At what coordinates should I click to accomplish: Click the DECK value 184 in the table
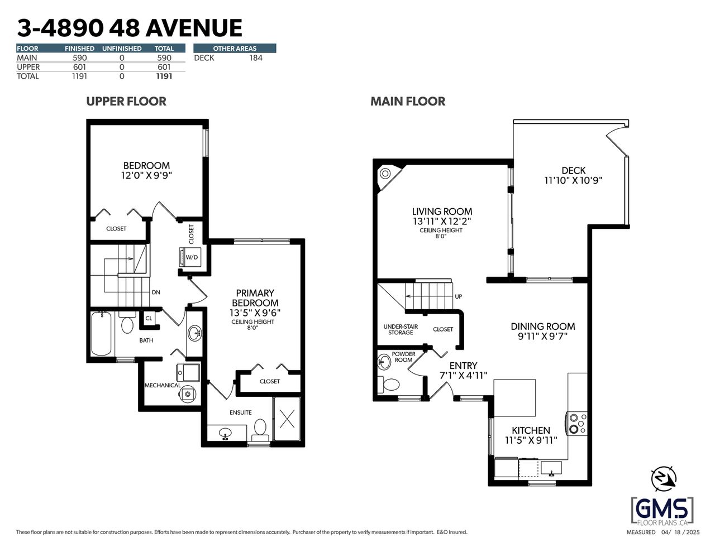tap(256, 58)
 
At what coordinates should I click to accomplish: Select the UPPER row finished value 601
tap(80, 67)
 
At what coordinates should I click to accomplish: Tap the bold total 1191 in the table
tap(164, 76)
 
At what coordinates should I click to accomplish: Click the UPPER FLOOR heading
tap(126, 101)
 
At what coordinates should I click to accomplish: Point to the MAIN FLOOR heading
tap(408, 101)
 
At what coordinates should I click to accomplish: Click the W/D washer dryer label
tap(192, 257)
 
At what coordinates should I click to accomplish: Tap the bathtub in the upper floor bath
tap(102, 333)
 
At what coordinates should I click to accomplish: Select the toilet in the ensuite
tap(260, 430)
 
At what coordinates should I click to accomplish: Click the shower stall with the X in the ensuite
tap(287, 419)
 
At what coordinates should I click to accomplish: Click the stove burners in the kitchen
tap(577, 424)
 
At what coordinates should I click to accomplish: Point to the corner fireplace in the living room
tap(388, 176)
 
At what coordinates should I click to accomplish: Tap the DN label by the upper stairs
tap(156, 292)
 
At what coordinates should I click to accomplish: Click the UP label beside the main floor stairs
tap(459, 296)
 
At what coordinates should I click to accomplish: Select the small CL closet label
tap(149, 318)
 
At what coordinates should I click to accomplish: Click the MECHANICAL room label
tap(163, 385)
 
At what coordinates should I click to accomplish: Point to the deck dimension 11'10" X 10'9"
tap(574, 180)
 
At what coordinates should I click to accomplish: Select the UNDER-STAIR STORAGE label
tap(401, 329)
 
